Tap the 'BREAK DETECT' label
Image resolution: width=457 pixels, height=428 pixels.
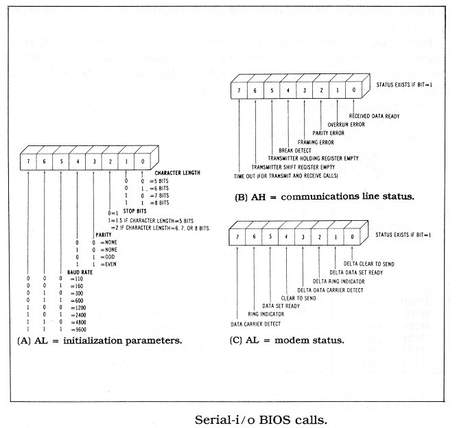294,150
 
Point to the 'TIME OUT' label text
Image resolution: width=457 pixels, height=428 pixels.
245,176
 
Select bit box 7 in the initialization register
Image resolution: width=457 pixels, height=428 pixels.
28,156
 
